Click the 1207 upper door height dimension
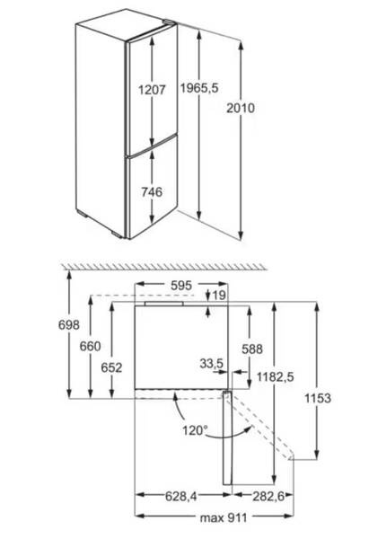click(152, 90)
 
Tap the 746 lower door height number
click(152, 192)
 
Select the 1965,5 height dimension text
click(199, 88)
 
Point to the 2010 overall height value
click(241, 108)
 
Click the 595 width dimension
click(181, 285)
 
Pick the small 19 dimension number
click(219, 295)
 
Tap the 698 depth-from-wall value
click(69, 324)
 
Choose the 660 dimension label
click(90, 346)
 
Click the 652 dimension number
click(111, 367)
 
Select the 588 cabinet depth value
click(252, 349)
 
